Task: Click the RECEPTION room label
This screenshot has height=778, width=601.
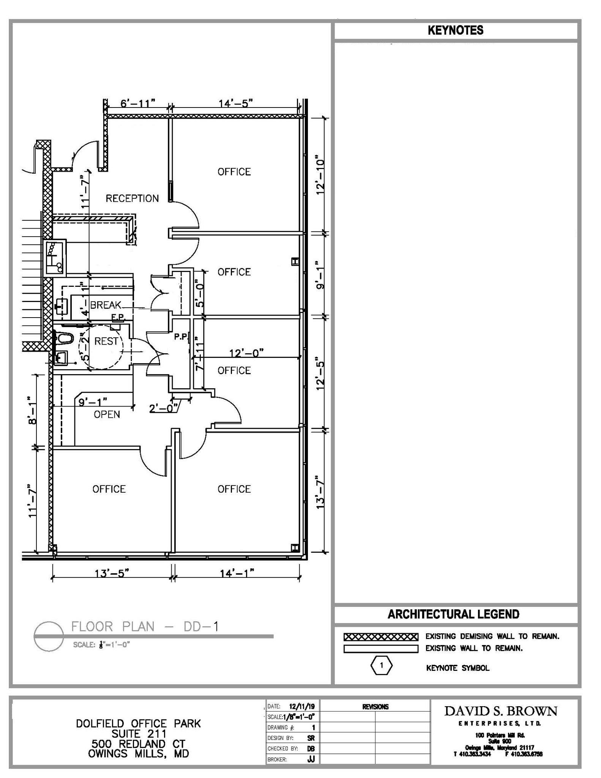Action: point(132,198)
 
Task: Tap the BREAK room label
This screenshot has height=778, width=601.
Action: point(106,305)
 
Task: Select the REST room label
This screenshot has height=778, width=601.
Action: point(106,341)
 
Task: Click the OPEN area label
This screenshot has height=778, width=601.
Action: point(107,414)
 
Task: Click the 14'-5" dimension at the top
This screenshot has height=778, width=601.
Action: point(235,103)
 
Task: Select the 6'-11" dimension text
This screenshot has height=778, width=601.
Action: point(138,103)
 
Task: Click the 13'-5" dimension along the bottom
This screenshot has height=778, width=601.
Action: point(112,573)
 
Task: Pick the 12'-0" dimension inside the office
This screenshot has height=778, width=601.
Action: point(246,353)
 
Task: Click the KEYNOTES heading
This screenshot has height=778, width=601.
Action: point(455,30)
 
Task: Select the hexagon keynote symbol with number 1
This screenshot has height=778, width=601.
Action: point(381,665)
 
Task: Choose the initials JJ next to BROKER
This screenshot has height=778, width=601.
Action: point(311,759)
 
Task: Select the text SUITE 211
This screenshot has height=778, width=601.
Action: point(139,734)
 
